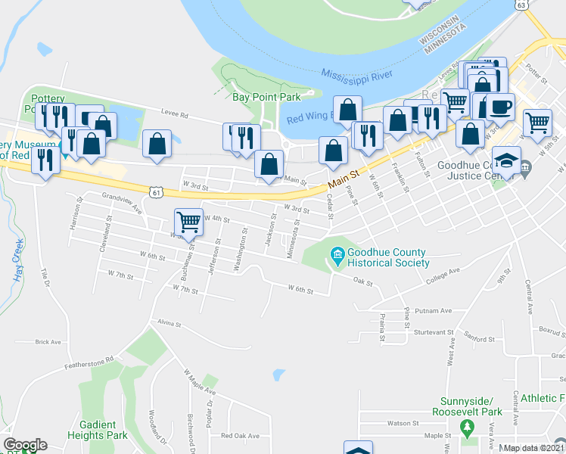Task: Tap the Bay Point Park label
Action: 266,97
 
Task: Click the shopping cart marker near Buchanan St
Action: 188,222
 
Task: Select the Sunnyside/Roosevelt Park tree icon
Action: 468,428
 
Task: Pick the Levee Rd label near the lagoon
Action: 173,113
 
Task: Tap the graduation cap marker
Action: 506,160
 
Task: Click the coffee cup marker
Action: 499,107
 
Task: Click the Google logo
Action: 25,445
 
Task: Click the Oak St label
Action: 364,282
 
